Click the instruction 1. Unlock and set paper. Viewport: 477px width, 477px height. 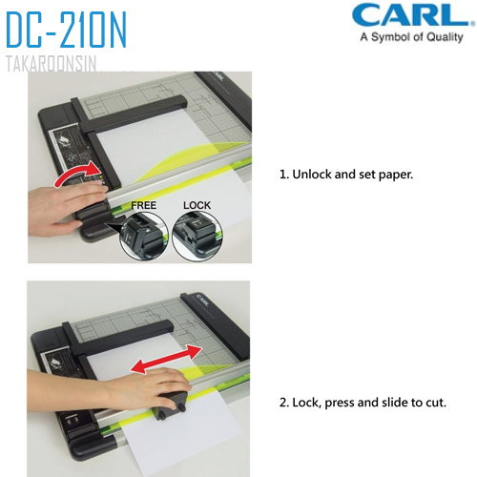point(345,176)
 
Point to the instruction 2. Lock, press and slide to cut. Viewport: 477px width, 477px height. point(363,403)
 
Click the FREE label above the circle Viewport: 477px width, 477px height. point(144,204)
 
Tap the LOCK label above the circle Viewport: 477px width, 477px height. point(196,204)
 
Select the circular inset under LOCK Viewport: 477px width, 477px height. point(197,235)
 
